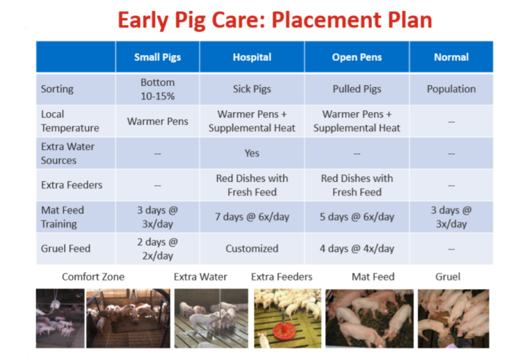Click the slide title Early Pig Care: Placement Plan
click(275, 20)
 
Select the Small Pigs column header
click(157, 57)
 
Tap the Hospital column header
click(252, 57)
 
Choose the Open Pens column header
click(357, 57)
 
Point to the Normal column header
click(451, 57)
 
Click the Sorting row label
click(57, 89)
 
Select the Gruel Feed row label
click(66, 249)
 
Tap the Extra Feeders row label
click(72, 185)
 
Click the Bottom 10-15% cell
click(157, 89)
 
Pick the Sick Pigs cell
click(252, 89)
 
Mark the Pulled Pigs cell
click(357, 89)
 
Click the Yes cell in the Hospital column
click(252, 153)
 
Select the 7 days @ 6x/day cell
click(252, 217)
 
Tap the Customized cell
click(252, 249)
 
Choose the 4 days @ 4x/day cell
click(357, 249)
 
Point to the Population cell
click(451, 89)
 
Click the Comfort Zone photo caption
click(93, 277)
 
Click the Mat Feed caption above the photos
click(373, 277)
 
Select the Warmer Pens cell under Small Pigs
click(157, 121)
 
